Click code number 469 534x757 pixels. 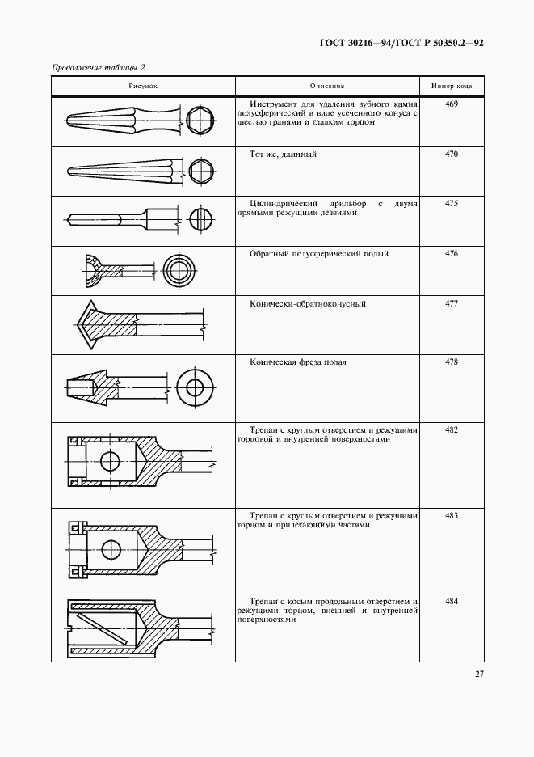click(x=451, y=104)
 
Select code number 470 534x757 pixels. click(x=451, y=153)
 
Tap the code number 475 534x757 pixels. click(x=451, y=203)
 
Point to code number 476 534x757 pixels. click(x=451, y=253)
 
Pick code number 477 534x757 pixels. click(x=451, y=303)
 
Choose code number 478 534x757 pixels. click(x=451, y=362)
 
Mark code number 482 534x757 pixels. click(x=451, y=429)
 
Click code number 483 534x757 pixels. click(x=451, y=515)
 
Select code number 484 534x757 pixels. click(x=451, y=601)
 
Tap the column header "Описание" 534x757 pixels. click(x=327, y=85)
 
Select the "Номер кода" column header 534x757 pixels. click(x=451, y=85)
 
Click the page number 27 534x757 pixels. click(x=479, y=673)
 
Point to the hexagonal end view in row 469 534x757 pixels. click(x=200, y=121)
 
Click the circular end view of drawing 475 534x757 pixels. click(x=201, y=218)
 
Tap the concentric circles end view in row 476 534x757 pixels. click(x=176, y=269)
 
